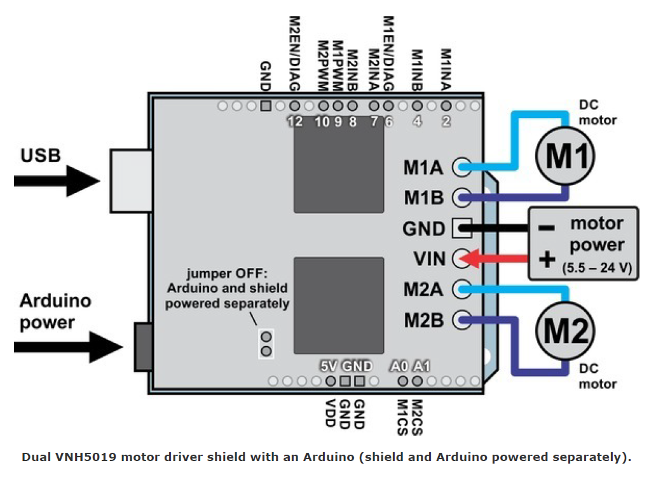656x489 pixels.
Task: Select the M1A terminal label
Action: click(423, 168)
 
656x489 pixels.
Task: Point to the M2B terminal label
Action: click(423, 321)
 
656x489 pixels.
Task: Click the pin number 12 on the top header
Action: click(294, 122)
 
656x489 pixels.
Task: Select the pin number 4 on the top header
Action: click(417, 122)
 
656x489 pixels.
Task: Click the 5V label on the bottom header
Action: click(329, 366)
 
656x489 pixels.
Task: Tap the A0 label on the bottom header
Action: click(399, 366)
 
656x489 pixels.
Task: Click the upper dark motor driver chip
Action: click(339, 168)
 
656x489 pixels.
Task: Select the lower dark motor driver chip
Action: click(339, 305)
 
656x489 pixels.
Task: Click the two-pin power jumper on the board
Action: click(266, 344)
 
